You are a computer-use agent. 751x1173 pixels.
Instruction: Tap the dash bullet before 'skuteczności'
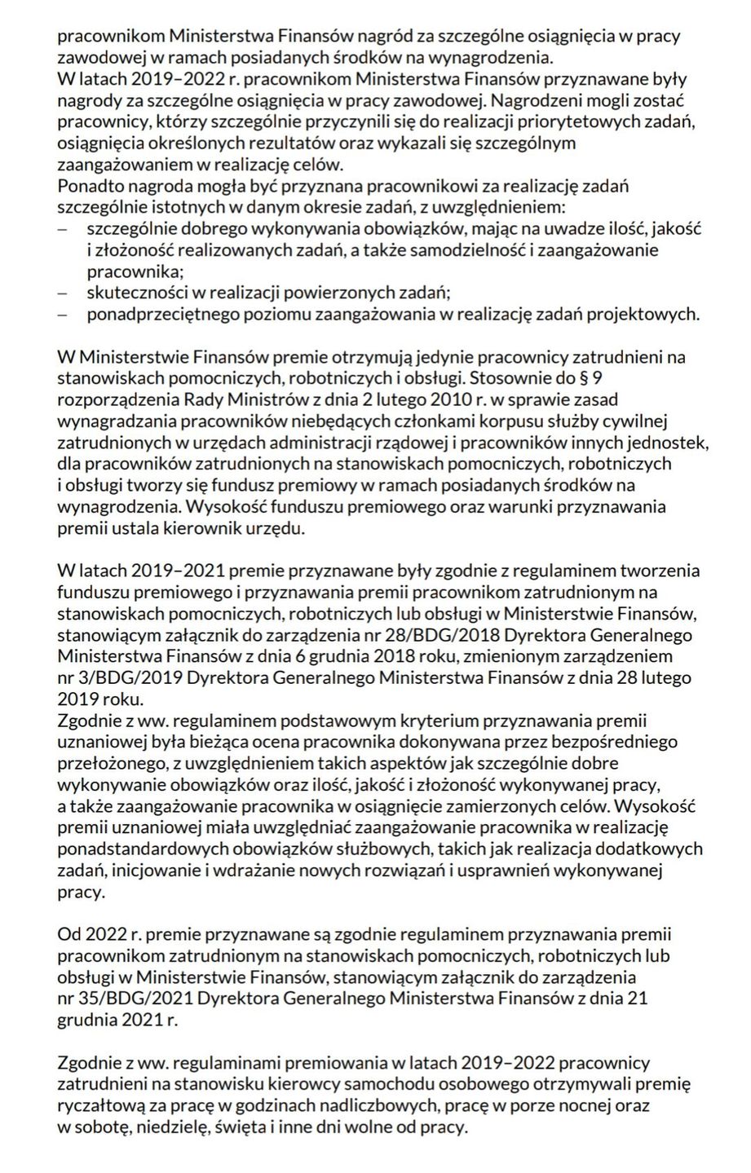click(x=63, y=292)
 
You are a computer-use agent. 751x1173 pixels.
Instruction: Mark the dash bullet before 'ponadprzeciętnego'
click(x=63, y=313)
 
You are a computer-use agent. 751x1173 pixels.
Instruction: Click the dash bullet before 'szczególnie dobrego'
click(x=63, y=228)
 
